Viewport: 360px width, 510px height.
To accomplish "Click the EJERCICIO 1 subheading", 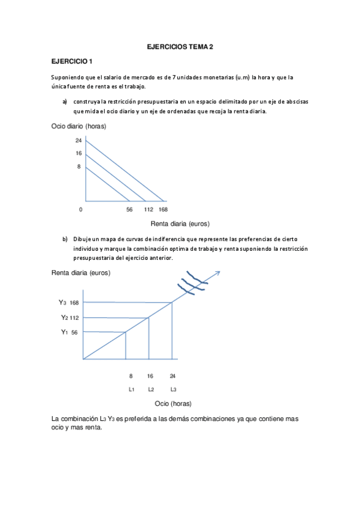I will click(x=72, y=62).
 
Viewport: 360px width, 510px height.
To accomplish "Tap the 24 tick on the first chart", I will click(x=78, y=140).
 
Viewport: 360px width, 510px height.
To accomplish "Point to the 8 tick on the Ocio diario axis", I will click(x=78, y=166).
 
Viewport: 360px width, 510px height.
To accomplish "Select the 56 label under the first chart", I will click(x=129, y=210).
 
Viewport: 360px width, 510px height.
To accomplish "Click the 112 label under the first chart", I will click(x=148, y=210).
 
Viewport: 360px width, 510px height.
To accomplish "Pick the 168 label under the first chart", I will click(x=163, y=210).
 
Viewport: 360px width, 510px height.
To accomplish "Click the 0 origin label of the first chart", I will click(x=81, y=210).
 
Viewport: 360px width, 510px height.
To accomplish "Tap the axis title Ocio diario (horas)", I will click(x=79, y=126).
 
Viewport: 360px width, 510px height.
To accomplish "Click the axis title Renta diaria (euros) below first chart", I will click(x=179, y=224).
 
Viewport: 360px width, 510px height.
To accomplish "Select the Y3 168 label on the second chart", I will click(x=69, y=302).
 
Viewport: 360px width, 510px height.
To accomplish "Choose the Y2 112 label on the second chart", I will click(x=70, y=318).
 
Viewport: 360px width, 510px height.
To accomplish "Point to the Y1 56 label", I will click(x=69, y=332).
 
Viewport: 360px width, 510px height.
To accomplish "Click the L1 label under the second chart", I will click(x=131, y=389).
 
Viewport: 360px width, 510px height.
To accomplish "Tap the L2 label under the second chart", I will click(x=151, y=389).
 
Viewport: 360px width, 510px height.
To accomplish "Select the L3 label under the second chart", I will click(x=173, y=389).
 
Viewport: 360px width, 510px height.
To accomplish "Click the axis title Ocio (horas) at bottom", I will click(x=173, y=403).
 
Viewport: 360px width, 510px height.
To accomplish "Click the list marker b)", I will click(x=64, y=239).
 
